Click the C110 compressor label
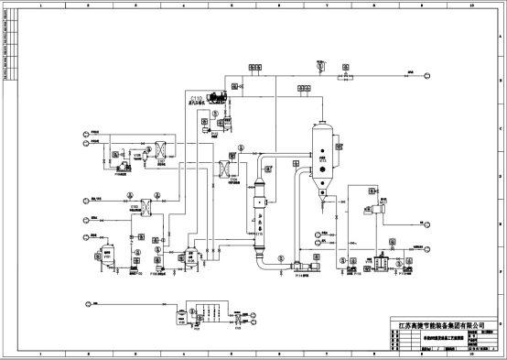197,96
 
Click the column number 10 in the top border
470,5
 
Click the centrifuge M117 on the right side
375,210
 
